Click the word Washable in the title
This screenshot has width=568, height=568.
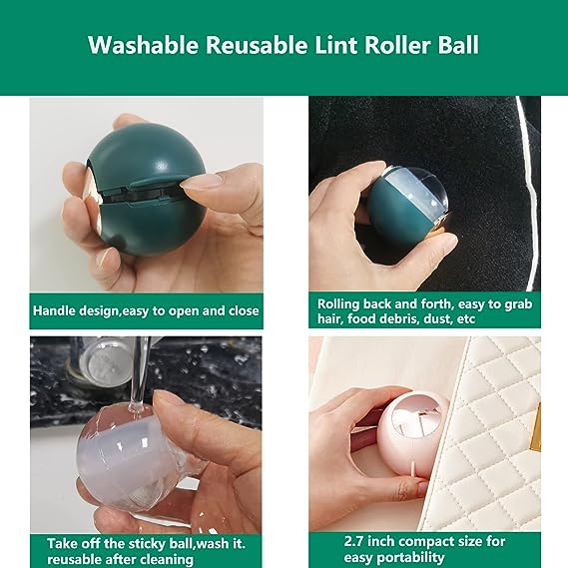pyautogui.click(x=143, y=45)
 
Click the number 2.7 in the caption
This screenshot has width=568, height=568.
pyautogui.click(x=354, y=542)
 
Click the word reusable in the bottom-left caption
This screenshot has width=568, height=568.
pyautogui.click(x=73, y=559)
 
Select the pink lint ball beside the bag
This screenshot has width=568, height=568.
pyautogui.click(x=413, y=433)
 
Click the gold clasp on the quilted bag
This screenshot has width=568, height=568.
pyautogui.click(x=536, y=426)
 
